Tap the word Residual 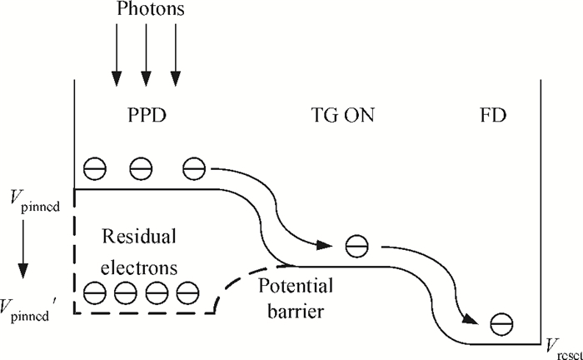click(139, 237)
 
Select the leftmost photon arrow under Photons click(116, 62)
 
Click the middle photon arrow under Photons click(146, 62)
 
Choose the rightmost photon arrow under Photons click(177, 62)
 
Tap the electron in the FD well click(501, 323)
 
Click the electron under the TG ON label click(356, 246)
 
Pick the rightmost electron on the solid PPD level click(193, 169)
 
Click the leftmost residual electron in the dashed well click(95, 292)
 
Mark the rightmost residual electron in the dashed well click(188, 292)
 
